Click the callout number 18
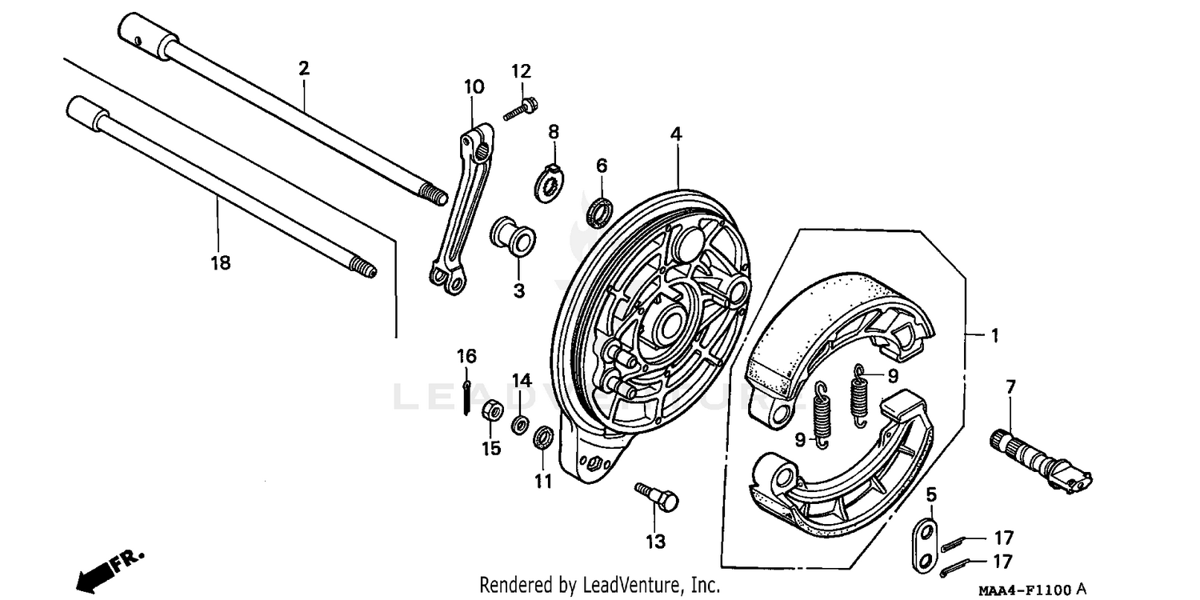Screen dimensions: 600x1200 220,263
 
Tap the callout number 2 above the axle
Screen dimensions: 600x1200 303,69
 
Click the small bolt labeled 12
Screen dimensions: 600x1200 522,109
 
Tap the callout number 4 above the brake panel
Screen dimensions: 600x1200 676,134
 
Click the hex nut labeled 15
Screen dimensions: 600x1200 491,413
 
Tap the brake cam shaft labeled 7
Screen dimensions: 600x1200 1040,461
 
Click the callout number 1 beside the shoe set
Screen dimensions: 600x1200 994,336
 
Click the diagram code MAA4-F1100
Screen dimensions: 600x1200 1025,590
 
